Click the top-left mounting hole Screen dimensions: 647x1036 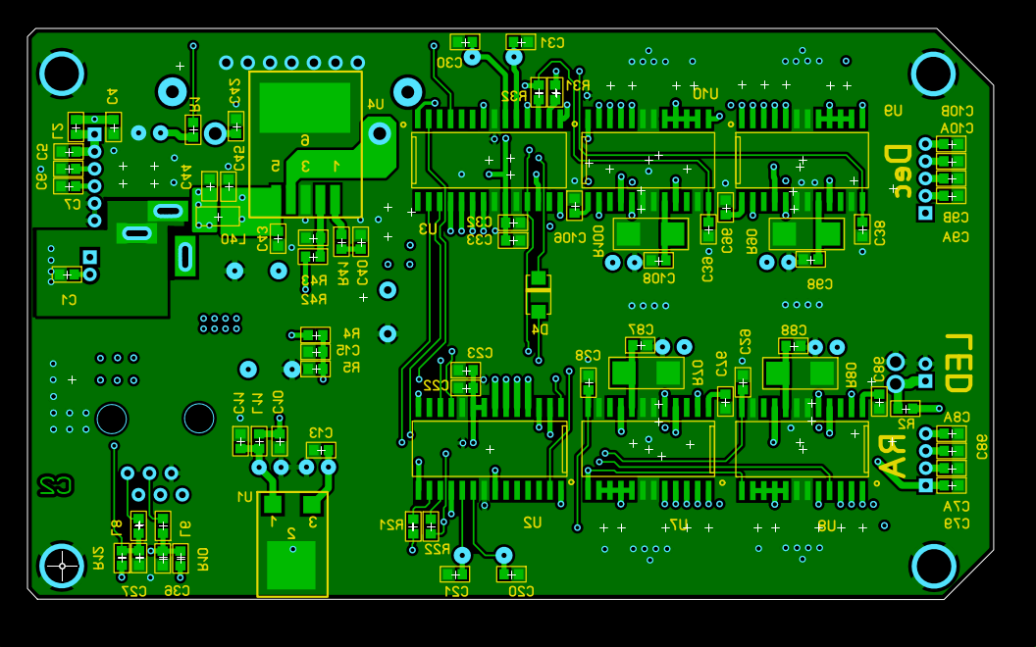(x=62, y=74)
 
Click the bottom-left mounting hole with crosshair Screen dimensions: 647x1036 (x=62, y=566)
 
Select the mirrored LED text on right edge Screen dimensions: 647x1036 (x=958, y=363)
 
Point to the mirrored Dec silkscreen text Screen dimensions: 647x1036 (x=896, y=169)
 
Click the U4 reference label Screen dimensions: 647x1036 (x=375, y=104)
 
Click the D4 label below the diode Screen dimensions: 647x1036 (x=539, y=329)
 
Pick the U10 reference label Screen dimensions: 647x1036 (x=704, y=93)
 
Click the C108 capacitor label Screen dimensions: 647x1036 (x=657, y=278)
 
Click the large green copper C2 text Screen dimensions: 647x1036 (x=55, y=484)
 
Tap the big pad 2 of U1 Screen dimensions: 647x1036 (x=291, y=564)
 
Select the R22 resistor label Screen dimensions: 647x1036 (x=437, y=549)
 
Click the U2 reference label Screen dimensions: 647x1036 (x=532, y=522)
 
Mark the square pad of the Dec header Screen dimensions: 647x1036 (x=925, y=213)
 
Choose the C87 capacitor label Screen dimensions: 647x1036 (x=640, y=329)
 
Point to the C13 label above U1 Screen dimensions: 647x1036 (x=321, y=432)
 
